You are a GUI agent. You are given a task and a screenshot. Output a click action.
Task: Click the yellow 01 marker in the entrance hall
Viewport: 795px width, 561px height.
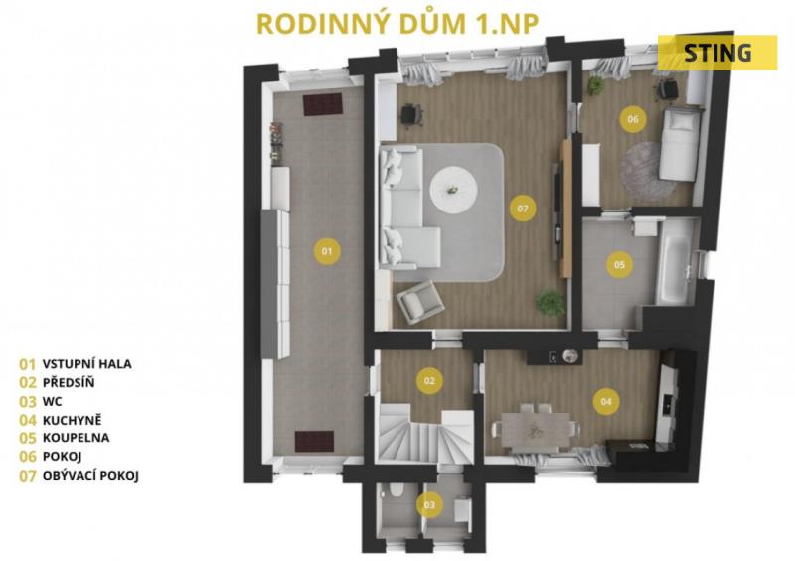point(327,251)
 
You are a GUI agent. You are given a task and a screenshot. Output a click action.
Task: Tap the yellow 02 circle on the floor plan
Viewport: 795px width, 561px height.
point(429,380)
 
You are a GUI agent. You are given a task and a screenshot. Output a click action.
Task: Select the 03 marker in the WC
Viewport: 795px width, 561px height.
point(429,504)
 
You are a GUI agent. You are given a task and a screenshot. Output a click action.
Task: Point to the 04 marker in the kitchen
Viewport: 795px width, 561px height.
point(606,402)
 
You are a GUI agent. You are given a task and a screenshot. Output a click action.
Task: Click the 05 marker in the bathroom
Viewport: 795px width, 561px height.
point(619,264)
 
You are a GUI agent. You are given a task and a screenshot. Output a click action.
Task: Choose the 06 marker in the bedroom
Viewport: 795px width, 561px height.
point(633,119)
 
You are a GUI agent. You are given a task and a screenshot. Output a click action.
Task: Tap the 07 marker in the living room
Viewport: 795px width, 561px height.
point(523,208)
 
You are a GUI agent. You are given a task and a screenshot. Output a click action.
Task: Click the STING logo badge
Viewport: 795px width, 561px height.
point(717,53)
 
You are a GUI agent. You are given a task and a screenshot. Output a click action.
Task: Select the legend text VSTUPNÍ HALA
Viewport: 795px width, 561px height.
point(87,363)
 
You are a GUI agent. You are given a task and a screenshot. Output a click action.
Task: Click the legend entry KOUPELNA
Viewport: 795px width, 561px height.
point(77,437)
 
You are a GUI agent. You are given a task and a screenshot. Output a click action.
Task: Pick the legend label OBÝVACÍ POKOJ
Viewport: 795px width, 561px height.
point(90,476)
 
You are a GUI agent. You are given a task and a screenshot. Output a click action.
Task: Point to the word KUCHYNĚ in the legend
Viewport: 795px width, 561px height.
point(72,420)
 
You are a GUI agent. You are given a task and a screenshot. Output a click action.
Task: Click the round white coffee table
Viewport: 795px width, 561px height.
point(454,190)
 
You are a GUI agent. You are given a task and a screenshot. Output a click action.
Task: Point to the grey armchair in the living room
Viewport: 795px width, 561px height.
point(420,302)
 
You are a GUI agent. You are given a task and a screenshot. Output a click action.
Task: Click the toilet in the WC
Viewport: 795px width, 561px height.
point(395,491)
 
